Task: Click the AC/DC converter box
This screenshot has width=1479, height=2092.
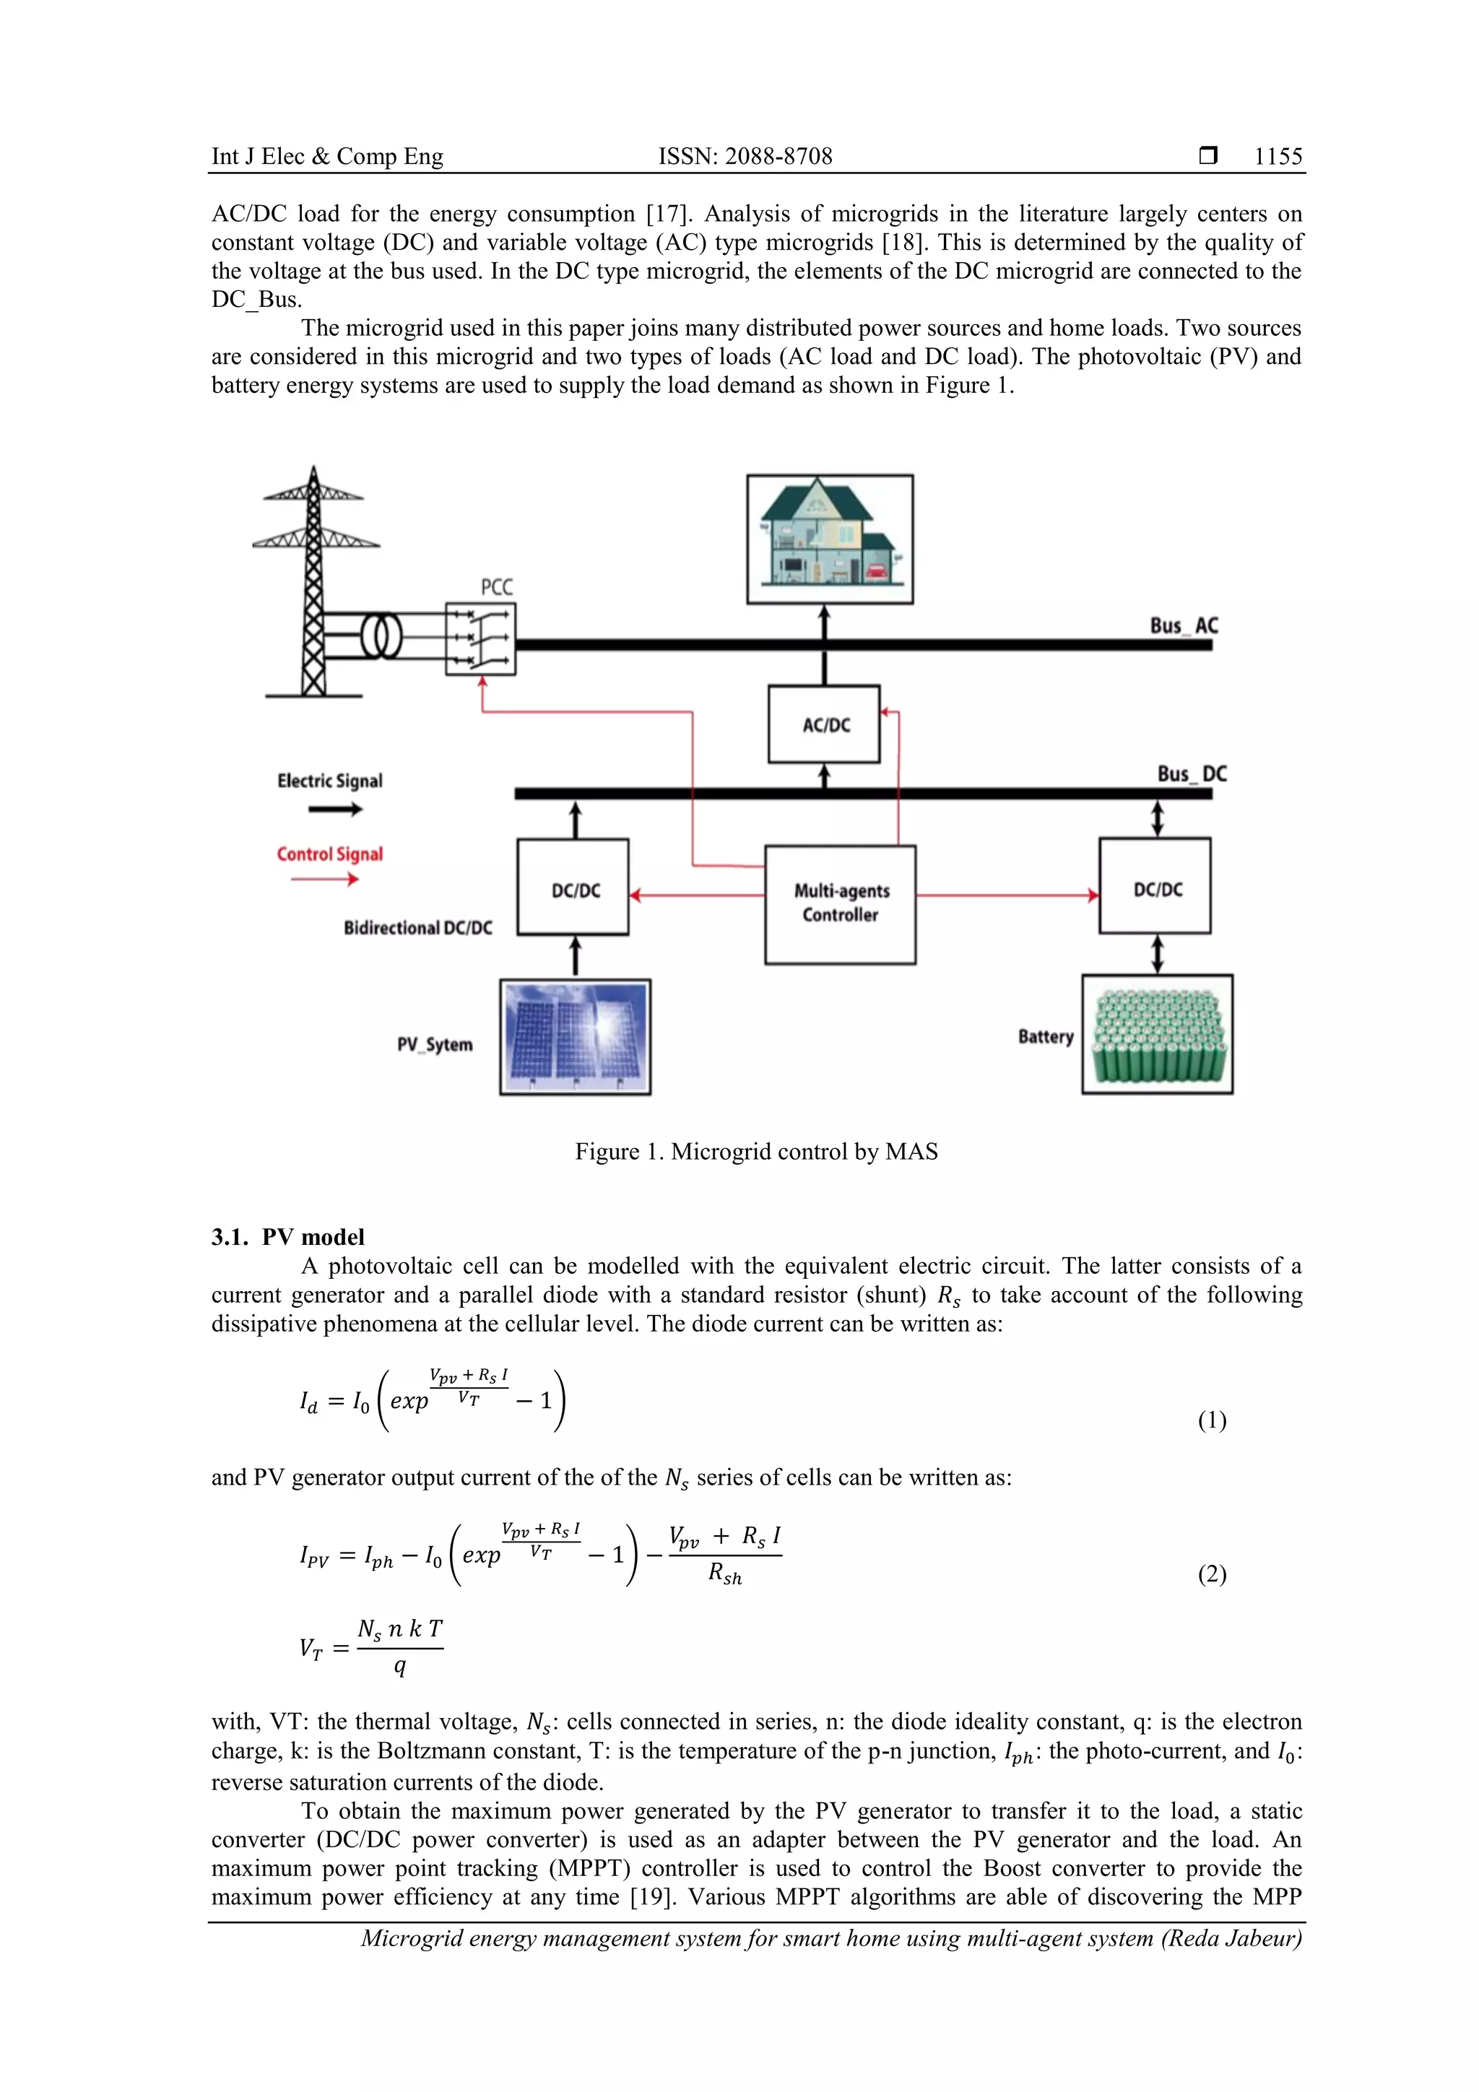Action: click(x=824, y=724)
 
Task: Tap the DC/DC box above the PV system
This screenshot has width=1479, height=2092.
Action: click(x=573, y=887)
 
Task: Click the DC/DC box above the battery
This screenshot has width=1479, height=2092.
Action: click(x=1155, y=887)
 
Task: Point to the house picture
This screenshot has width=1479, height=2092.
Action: click(x=829, y=539)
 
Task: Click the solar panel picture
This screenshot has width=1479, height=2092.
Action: click(x=575, y=1037)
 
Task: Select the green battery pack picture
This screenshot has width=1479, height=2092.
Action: click(x=1158, y=1035)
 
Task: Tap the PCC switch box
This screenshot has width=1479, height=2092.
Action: click(x=480, y=638)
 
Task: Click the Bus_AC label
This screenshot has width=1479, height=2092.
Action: click(x=1183, y=626)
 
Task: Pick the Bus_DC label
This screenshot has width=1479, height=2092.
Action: click(x=1191, y=773)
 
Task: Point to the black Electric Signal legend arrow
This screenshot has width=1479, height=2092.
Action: click(x=334, y=809)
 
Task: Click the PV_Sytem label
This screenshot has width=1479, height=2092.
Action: click(x=435, y=1044)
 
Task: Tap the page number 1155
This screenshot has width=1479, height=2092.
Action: click(x=1278, y=157)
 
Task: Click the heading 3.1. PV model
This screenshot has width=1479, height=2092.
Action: click(x=288, y=1236)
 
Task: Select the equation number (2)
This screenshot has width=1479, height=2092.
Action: click(x=1212, y=1574)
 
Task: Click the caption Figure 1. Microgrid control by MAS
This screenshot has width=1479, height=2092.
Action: click(x=755, y=1152)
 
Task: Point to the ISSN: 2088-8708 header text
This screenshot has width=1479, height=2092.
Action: click(x=745, y=157)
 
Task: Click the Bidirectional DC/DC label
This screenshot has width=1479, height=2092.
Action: click(x=417, y=927)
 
